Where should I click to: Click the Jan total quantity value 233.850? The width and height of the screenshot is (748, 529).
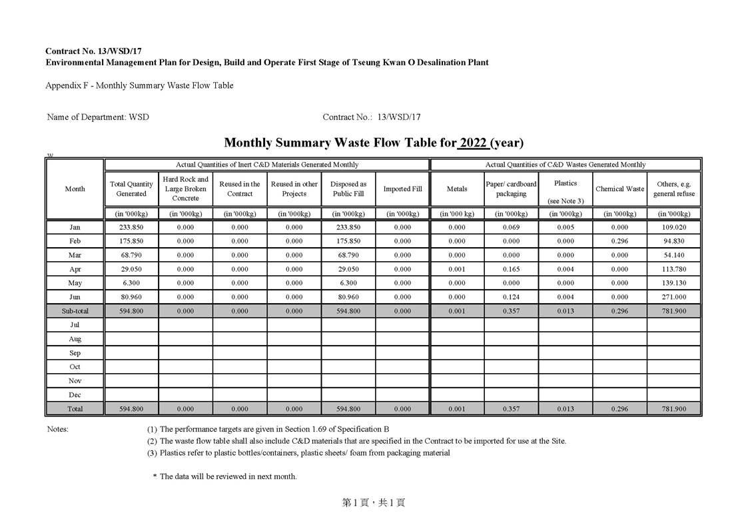131,227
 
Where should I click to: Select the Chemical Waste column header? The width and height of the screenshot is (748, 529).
619,189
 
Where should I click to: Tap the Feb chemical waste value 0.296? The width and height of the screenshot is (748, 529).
619,241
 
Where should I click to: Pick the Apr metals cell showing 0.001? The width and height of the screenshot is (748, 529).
457,269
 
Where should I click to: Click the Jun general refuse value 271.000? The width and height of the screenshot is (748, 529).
674,297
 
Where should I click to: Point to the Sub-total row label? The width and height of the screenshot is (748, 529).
75,311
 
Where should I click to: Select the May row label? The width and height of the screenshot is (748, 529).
75,283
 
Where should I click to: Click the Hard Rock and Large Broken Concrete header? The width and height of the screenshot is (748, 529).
185,189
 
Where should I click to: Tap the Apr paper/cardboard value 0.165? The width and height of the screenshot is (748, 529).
511,269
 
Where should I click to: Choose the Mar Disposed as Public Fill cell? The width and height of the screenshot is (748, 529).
348,255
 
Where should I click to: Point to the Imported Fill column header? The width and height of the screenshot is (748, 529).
402,189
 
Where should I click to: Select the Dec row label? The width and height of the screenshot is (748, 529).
75,395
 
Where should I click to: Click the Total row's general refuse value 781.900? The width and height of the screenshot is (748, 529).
674,409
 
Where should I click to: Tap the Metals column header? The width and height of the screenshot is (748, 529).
457,189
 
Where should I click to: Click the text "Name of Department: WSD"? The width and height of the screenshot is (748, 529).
98,117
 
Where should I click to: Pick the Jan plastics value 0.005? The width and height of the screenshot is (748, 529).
565,227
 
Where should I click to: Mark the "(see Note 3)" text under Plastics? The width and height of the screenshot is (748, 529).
565,201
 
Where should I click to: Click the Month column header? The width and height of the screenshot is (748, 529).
75,189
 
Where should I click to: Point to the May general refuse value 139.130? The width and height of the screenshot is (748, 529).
674,283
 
